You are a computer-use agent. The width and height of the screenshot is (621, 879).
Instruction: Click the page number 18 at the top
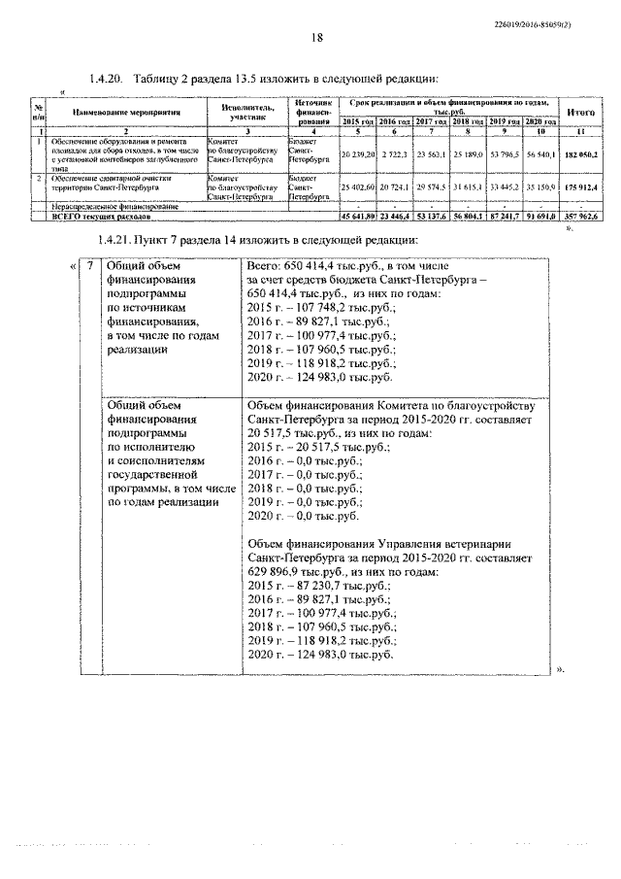point(316,38)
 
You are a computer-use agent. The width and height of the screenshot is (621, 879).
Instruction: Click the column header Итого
point(580,113)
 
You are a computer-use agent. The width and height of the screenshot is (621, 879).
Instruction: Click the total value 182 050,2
point(580,154)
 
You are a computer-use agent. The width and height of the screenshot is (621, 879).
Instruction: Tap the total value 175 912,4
point(580,186)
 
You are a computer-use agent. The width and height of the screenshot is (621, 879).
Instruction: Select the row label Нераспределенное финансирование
point(107,208)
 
